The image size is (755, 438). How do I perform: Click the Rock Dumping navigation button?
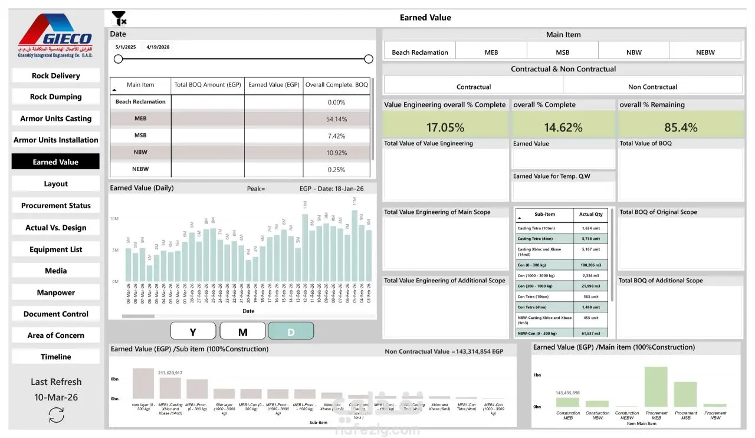(x=56, y=97)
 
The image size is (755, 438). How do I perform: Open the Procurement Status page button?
(x=56, y=206)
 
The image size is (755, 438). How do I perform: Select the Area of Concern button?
(x=56, y=335)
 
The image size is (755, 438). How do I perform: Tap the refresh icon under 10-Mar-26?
(x=56, y=415)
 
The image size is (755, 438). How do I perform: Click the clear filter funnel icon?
(x=119, y=18)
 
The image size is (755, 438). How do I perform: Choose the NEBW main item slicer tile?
(x=705, y=52)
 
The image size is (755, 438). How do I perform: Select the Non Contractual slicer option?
(x=652, y=87)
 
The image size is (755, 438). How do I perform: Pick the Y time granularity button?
(x=193, y=332)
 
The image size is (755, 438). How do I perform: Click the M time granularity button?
(x=242, y=332)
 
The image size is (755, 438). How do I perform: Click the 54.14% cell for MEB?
(x=336, y=119)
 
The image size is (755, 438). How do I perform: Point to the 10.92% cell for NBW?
(x=336, y=152)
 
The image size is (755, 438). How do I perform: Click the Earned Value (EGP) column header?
(x=274, y=85)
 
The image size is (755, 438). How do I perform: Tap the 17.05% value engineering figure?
(x=445, y=127)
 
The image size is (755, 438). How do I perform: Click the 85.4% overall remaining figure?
(x=681, y=127)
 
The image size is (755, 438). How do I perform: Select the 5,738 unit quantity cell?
(x=590, y=239)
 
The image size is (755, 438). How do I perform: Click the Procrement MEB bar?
(x=656, y=387)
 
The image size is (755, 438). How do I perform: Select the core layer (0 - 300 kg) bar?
(x=143, y=384)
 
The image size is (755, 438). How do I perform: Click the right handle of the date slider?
(x=369, y=59)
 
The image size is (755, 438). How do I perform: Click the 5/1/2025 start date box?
(x=126, y=47)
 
